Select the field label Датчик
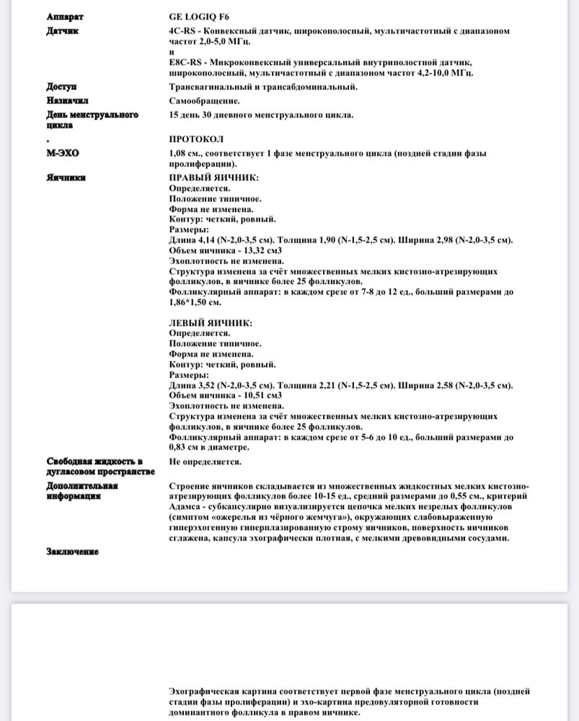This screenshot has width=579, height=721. [62, 31]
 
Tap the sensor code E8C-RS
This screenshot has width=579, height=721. [185, 63]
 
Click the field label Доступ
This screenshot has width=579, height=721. [61, 87]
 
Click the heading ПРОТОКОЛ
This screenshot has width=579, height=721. [196, 138]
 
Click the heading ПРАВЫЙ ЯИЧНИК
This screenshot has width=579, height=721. [213, 177]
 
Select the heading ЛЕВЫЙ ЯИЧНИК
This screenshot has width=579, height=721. [211, 323]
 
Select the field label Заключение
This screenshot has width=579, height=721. [73, 552]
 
